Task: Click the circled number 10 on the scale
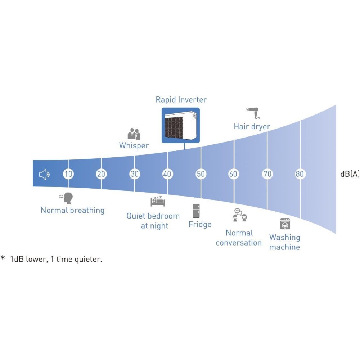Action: [x=68, y=174]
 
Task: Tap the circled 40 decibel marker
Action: [x=167, y=174]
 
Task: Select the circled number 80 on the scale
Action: [x=300, y=174]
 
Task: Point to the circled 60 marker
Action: [x=234, y=174]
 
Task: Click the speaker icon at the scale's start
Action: [x=44, y=175]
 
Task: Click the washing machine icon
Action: [x=285, y=224]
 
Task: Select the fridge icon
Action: [x=196, y=211]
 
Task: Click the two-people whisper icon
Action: [x=134, y=134]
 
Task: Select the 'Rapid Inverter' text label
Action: [x=181, y=100]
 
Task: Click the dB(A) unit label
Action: [x=350, y=174]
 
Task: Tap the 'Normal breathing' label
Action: [x=72, y=210]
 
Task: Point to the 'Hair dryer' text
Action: [x=252, y=127]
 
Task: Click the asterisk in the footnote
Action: [x=3, y=258]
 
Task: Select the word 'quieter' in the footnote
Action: [x=89, y=259]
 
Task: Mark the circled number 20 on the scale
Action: [x=101, y=174]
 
